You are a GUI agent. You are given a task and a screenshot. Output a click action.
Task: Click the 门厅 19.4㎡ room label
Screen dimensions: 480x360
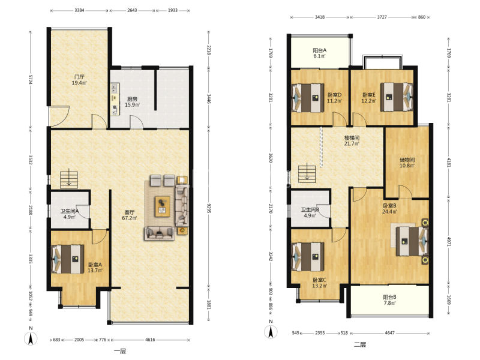pos(79,80)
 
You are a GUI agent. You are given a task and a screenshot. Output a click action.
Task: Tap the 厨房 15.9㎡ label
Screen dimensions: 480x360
pos(132,102)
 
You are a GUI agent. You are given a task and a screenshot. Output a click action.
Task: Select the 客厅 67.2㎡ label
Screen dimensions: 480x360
pos(130,215)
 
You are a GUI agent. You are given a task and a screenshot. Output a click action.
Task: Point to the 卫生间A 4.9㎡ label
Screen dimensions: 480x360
pos(70,214)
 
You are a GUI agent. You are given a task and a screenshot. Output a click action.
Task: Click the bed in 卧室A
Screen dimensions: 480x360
pos(68,259)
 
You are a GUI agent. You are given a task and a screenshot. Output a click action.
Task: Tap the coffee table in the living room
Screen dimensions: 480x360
pos(162,206)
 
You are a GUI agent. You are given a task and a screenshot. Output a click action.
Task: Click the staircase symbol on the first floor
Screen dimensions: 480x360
pos(69,179)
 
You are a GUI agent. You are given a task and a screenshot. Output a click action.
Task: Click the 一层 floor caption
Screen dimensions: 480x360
pos(120,351)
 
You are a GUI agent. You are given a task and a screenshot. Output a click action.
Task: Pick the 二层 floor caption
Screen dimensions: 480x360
pos(360,344)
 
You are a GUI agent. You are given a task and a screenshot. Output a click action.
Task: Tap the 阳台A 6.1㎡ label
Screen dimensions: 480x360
pos(320,53)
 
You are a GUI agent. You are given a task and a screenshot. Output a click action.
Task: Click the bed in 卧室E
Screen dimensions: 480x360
pos(397,97)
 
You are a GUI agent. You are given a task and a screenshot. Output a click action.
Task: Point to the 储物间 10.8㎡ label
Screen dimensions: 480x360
pos(407,163)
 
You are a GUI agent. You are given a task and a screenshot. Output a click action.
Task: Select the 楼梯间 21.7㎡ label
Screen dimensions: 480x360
pos(352,140)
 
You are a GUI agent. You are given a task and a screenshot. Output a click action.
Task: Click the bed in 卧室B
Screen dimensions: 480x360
pos(409,241)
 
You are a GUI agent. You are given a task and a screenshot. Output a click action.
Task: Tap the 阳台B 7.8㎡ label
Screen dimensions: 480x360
pos(389,300)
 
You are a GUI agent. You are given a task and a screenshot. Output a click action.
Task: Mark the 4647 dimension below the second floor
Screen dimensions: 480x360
pos(389,333)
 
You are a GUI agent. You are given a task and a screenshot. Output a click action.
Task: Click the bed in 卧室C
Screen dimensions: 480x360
pos(308,257)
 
